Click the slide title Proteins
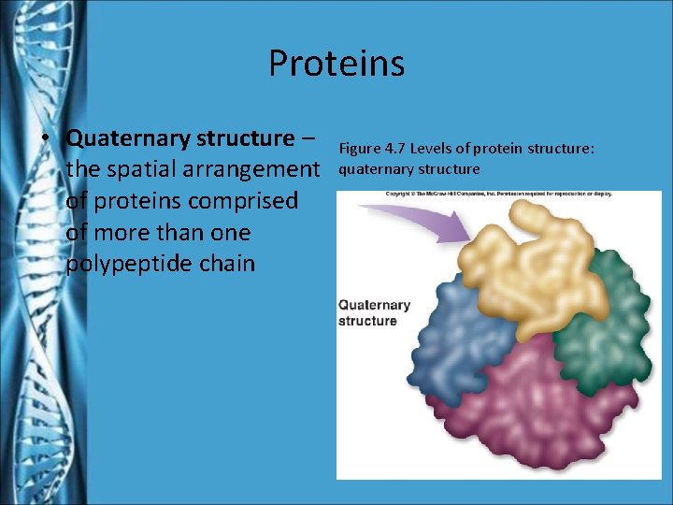click(336, 64)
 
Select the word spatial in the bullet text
click(140, 170)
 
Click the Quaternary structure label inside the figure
click(374, 312)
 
